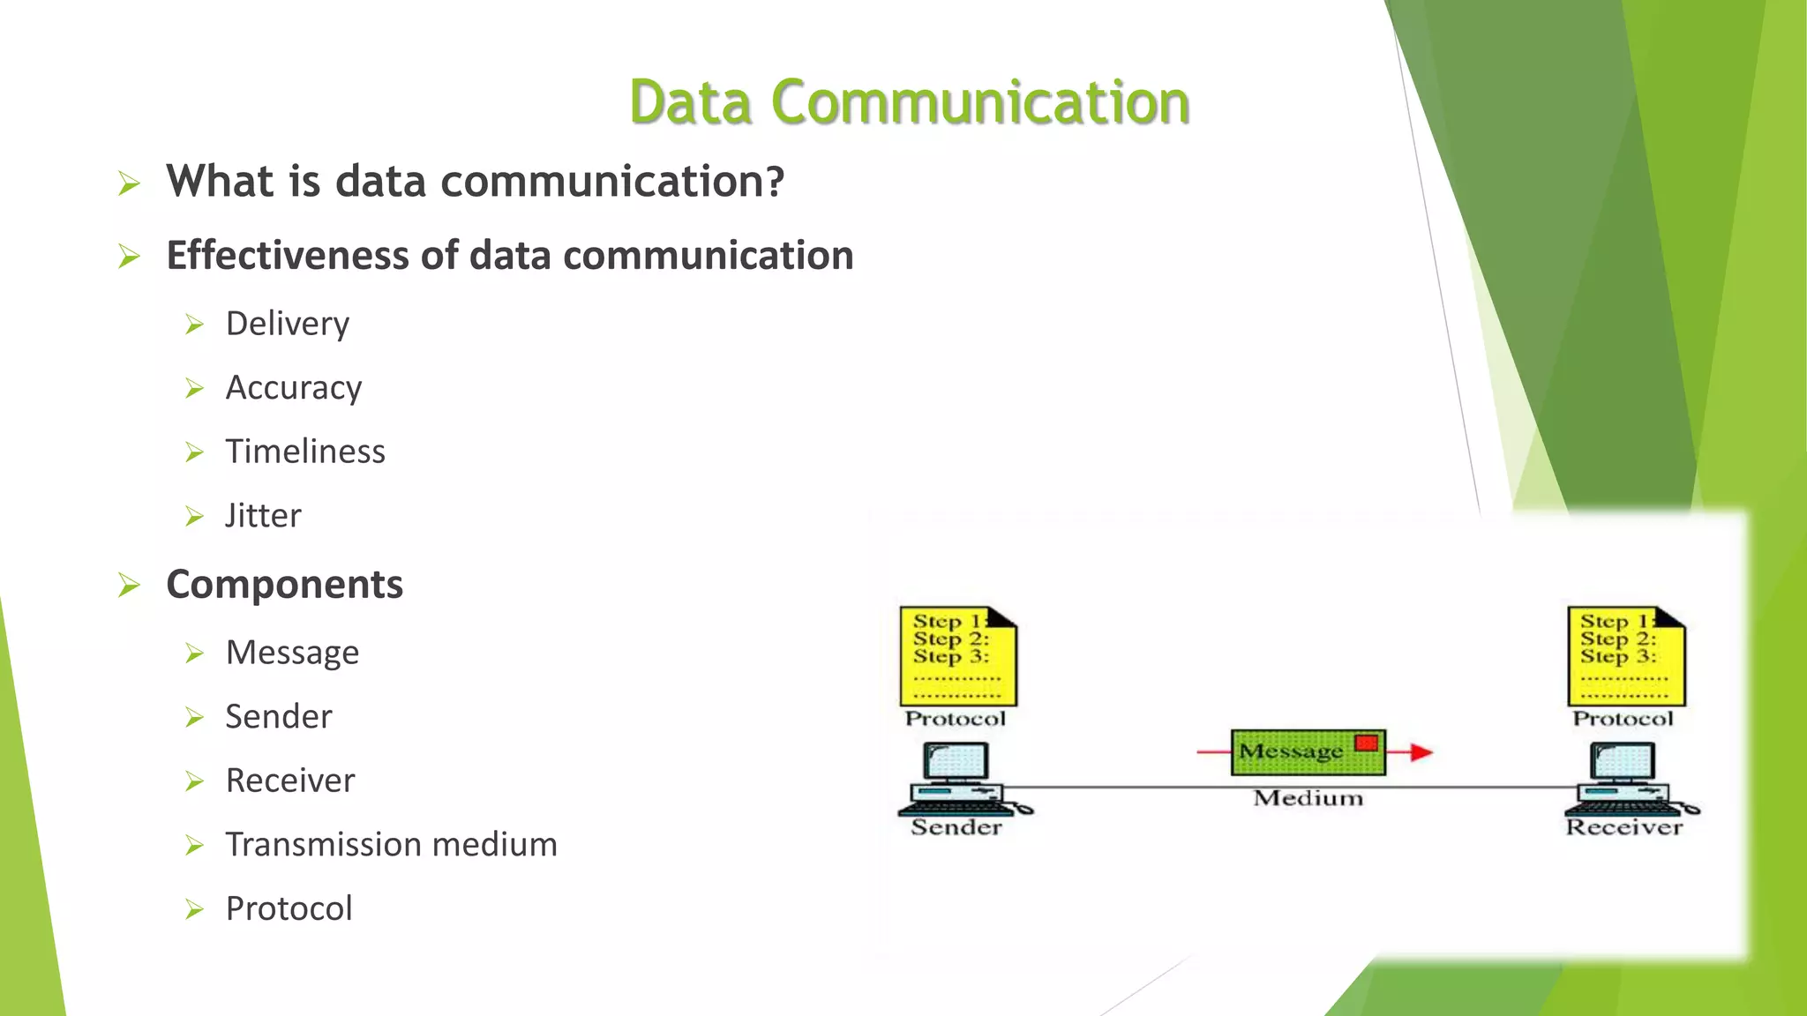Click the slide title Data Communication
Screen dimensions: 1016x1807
(909, 102)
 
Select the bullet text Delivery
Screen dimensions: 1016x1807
(287, 324)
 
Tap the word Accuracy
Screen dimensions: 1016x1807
(293, 388)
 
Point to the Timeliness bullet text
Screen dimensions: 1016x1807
(305, 452)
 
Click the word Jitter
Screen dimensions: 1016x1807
(263, 516)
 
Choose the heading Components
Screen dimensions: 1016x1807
(284, 585)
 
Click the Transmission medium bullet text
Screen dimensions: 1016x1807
(391, 845)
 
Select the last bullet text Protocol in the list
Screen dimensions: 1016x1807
(289, 908)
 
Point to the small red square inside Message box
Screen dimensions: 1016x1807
(1366, 743)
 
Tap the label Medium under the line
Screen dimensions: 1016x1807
(1308, 798)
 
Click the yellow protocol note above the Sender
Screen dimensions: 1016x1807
(957, 656)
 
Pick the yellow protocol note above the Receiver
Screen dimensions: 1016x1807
(1625, 656)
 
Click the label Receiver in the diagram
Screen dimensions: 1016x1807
(1623, 827)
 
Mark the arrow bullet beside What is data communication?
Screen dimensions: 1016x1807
(129, 183)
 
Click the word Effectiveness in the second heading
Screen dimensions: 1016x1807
(288, 256)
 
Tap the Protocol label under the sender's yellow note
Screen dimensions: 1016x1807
(955, 719)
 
